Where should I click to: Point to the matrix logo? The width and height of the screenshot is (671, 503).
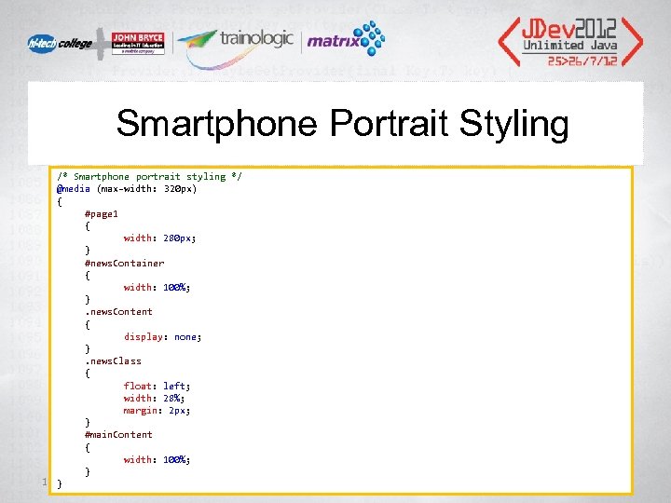pyautogui.click(x=347, y=40)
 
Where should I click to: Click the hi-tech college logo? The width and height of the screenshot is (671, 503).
pyautogui.click(x=57, y=44)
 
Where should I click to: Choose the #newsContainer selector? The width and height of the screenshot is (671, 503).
pyautogui.click(x=124, y=263)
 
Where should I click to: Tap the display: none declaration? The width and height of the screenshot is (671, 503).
pyautogui.click(x=162, y=336)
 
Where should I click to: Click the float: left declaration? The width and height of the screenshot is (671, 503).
pyautogui.click(x=157, y=386)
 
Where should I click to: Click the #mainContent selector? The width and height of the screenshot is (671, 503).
pyautogui.click(x=118, y=434)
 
